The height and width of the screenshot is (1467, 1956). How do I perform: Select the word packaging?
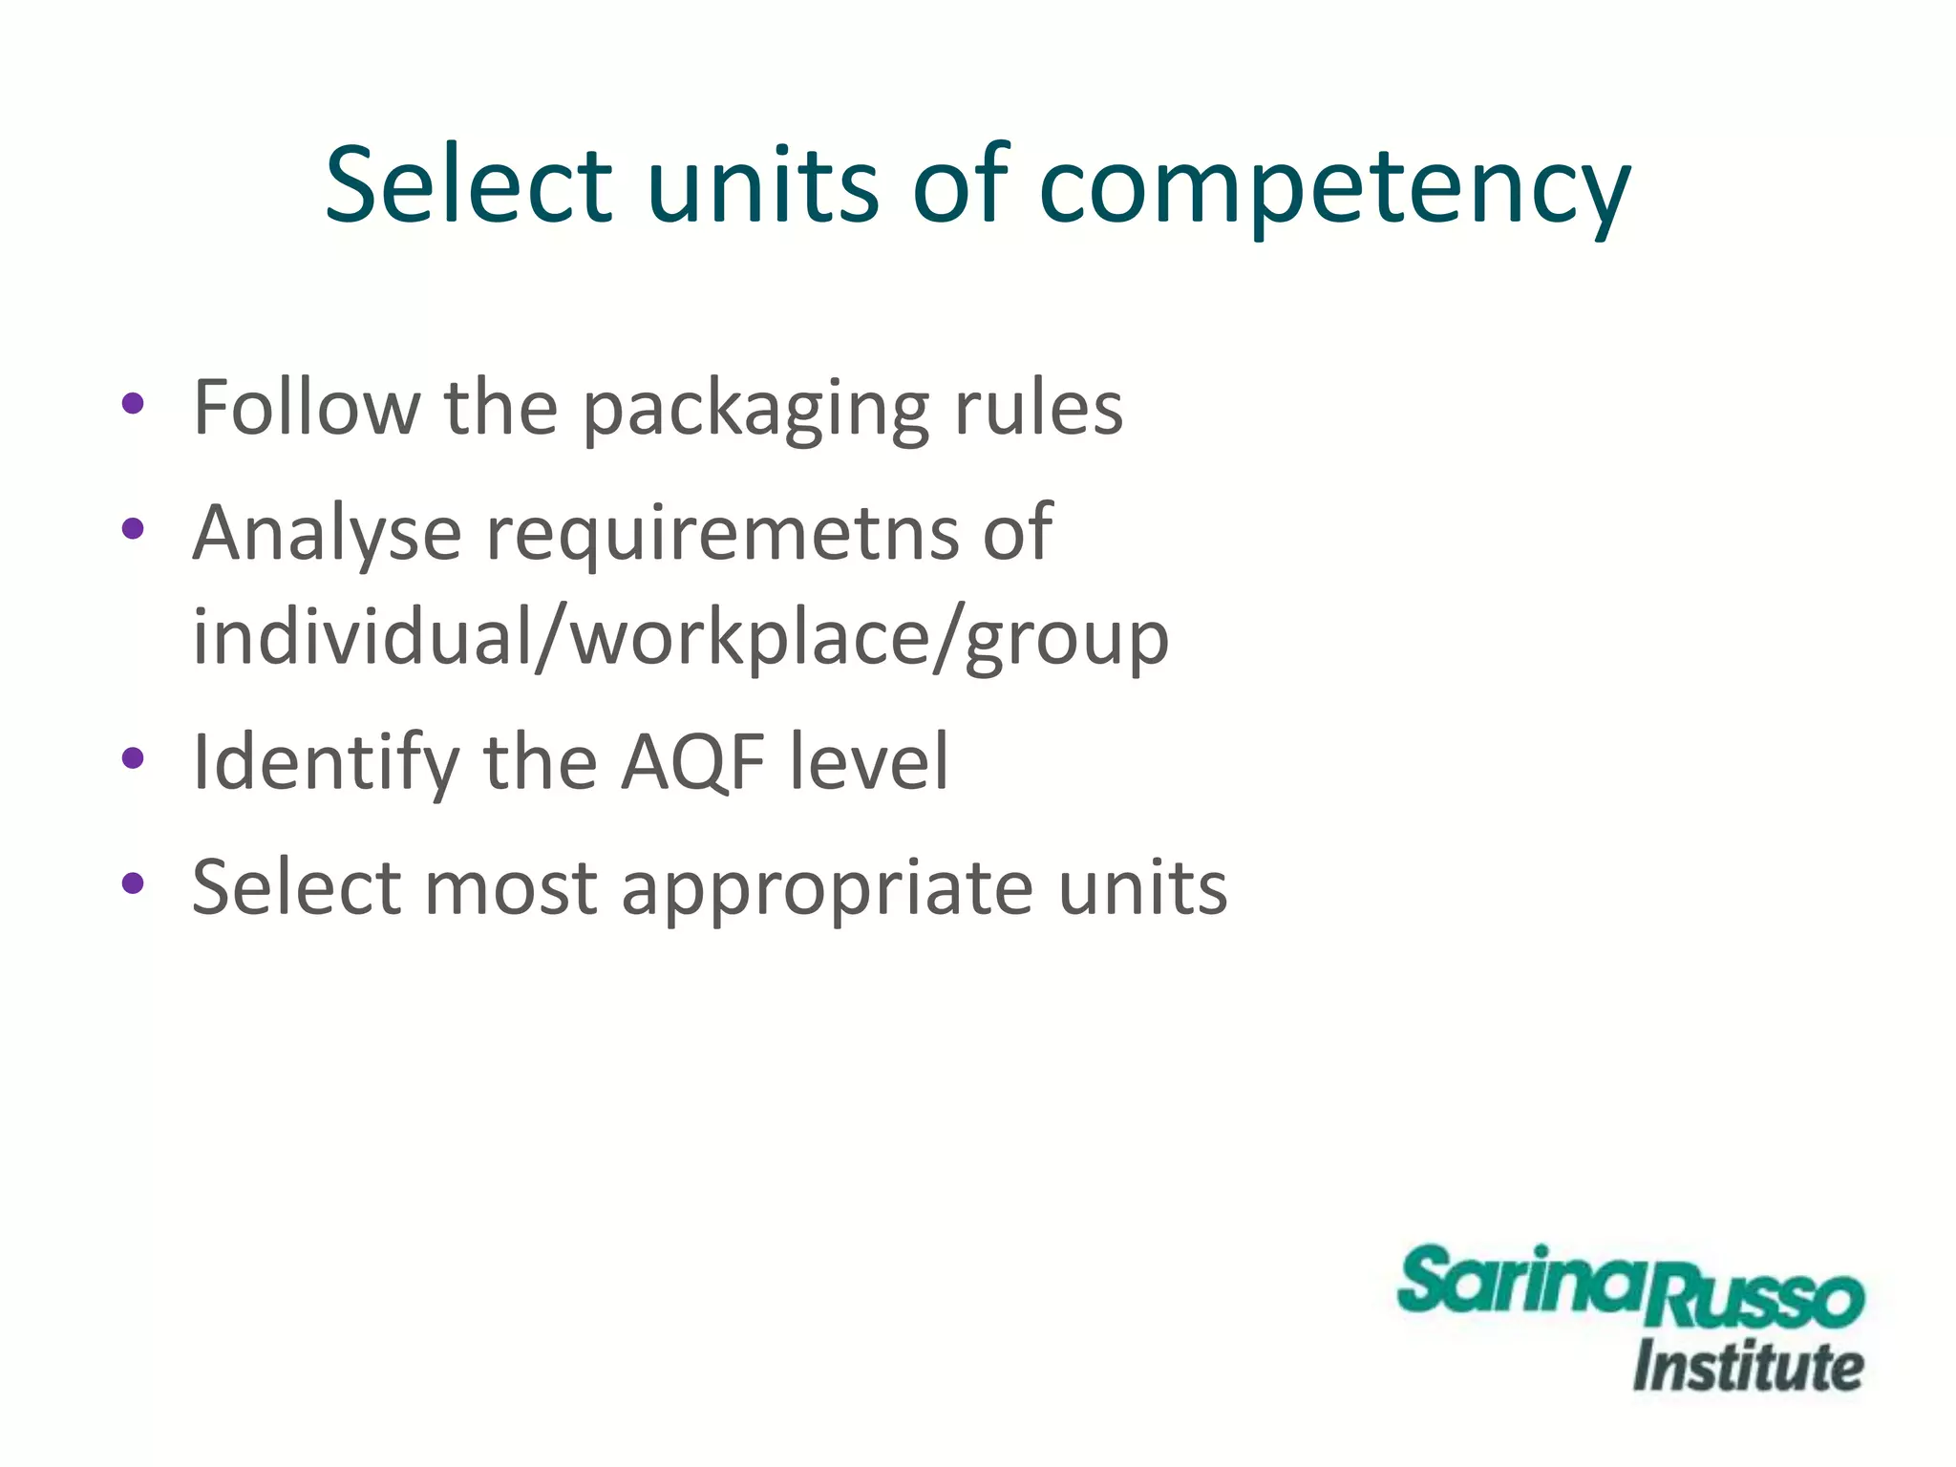point(755,411)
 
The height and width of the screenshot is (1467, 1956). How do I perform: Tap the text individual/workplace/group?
point(680,638)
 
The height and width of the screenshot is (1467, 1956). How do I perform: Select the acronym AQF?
point(693,763)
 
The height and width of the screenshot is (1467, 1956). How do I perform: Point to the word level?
point(869,761)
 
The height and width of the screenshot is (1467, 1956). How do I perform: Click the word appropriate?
point(827,889)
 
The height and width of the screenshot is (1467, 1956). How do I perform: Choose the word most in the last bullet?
point(511,888)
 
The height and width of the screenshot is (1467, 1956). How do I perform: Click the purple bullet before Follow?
point(133,404)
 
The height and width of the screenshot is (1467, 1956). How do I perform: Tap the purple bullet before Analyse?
point(133,528)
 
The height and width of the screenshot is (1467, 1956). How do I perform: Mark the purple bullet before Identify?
point(133,759)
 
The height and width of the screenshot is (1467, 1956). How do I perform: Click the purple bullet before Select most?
point(133,884)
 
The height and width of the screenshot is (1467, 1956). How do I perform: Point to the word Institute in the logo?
point(1748,1367)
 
